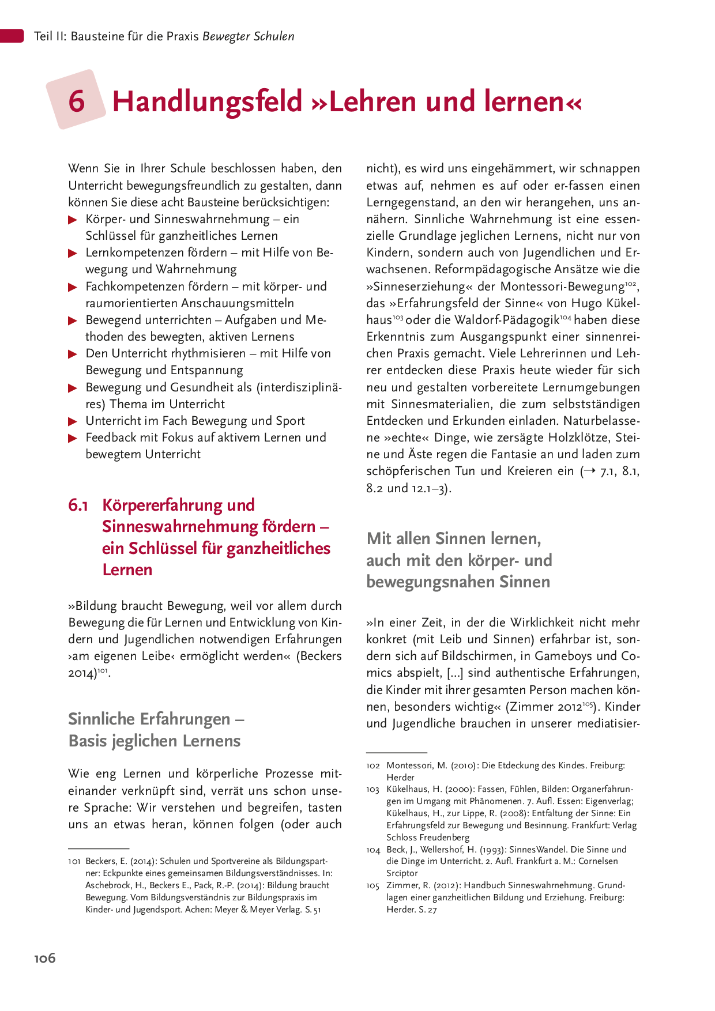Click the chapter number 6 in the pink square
tap(77, 101)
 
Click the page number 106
tap(45, 958)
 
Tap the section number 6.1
tap(78, 505)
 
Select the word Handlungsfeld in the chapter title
tap(208, 101)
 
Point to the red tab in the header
tap(12, 36)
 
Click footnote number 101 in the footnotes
tap(74, 861)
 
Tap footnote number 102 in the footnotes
tap(373, 765)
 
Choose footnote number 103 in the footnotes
tap(373, 789)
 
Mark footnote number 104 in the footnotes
tap(373, 850)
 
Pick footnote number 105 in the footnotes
tap(373, 885)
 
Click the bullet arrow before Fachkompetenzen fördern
tap(73, 287)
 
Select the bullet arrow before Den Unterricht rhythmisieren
tap(73, 354)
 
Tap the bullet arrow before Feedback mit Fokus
tap(73, 438)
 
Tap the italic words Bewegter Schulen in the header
tap(248, 36)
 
